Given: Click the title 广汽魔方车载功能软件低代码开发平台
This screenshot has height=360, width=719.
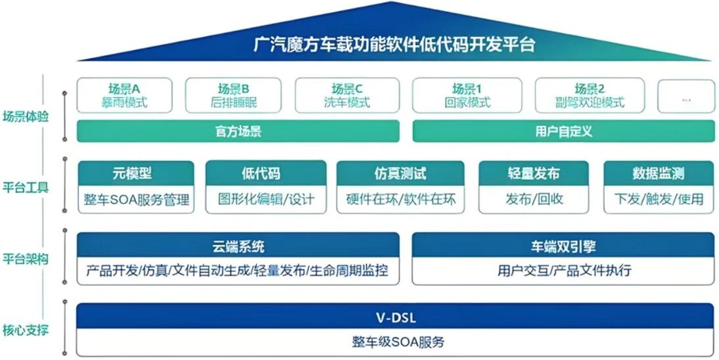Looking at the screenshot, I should tap(394, 45).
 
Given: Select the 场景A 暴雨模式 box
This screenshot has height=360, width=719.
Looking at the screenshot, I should tap(124, 95).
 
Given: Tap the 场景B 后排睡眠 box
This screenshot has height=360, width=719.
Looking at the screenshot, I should tap(233, 95).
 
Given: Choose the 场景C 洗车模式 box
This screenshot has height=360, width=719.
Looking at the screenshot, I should tap(346, 95).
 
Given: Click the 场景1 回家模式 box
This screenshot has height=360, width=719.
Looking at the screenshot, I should tap(467, 95).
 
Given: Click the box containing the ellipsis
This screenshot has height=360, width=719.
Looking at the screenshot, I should tap(686, 97).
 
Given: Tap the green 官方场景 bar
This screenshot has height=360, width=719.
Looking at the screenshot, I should tap(238, 131).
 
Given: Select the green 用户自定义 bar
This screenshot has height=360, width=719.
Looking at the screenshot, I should tap(563, 131).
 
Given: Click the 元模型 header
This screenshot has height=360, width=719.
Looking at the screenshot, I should tap(136, 173).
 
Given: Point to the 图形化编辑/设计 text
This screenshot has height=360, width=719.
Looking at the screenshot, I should tap(266, 199).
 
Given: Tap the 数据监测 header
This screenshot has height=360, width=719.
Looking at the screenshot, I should tap(658, 173).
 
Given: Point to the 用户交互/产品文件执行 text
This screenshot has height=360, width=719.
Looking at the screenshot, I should tap(563, 271).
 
